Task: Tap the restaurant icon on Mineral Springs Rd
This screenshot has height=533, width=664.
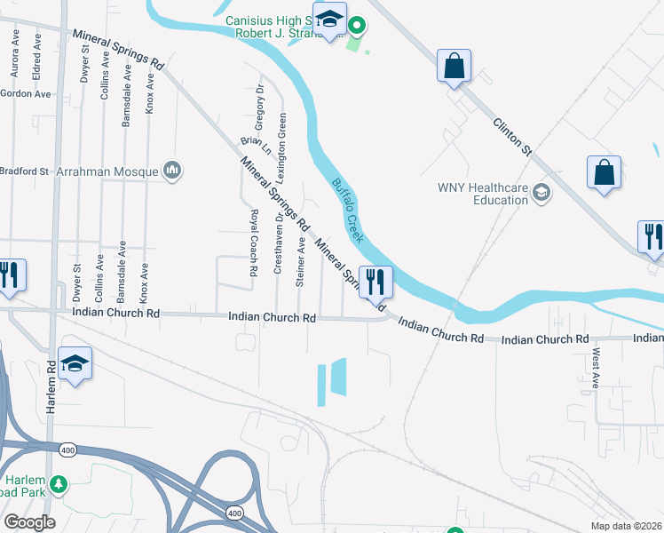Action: coord(375,283)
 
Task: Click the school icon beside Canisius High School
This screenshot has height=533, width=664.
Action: coord(330,20)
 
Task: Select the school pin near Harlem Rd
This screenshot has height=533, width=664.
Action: coord(75,364)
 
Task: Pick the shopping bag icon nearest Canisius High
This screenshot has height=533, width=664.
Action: coord(454,67)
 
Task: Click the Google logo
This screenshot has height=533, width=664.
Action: coord(29,522)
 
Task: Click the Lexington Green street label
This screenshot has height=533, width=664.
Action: coord(282,142)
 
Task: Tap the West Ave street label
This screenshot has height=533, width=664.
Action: coord(595,369)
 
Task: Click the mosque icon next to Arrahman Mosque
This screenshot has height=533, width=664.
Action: coord(172,170)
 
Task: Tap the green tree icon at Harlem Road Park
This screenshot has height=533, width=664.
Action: coord(59,485)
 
